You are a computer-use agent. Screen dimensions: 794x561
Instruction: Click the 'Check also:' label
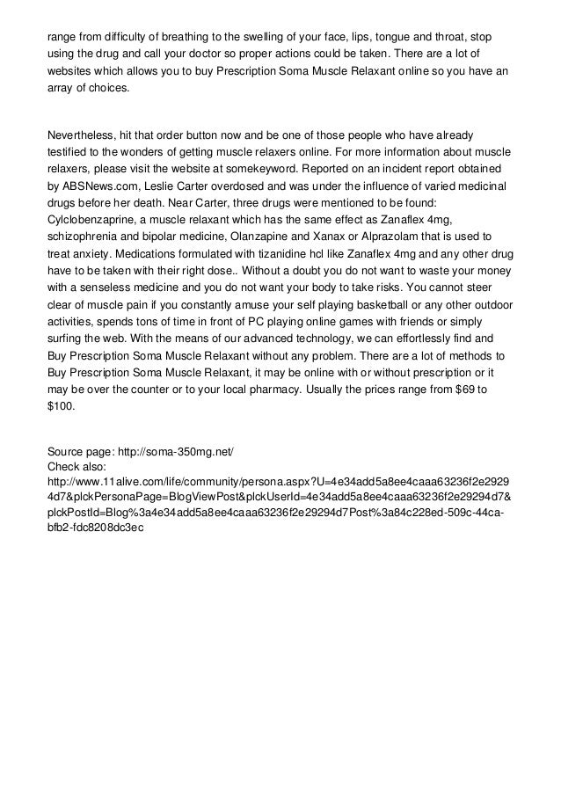point(77,466)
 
